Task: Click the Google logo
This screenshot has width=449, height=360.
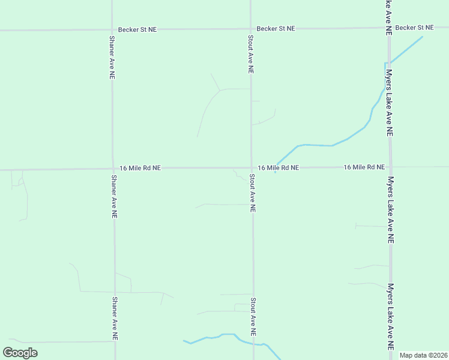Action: click(x=20, y=353)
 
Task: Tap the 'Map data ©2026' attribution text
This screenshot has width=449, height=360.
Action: click(x=423, y=355)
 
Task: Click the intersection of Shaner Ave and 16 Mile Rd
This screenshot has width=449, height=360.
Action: click(x=112, y=169)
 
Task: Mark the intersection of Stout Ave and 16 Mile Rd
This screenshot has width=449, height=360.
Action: click(x=251, y=168)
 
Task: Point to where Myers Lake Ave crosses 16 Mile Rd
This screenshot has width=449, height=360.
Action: click(x=390, y=167)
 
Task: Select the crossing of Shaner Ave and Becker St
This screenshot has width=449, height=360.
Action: click(x=111, y=29)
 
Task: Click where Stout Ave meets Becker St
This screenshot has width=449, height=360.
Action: click(x=250, y=28)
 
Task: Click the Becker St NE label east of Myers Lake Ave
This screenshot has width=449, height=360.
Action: click(x=414, y=28)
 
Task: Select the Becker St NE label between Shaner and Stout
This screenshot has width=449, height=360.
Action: click(x=137, y=29)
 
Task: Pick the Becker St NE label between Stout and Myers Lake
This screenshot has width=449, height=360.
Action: click(x=276, y=28)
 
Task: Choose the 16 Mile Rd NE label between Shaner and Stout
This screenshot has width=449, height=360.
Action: click(x=140, y=169)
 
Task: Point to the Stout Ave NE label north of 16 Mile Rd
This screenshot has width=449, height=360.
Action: click(x=250, y=54)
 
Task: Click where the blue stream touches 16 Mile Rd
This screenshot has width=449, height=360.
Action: click(x=276, y=167)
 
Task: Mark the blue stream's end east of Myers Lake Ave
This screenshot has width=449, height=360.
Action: click(x=422, y=37)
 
